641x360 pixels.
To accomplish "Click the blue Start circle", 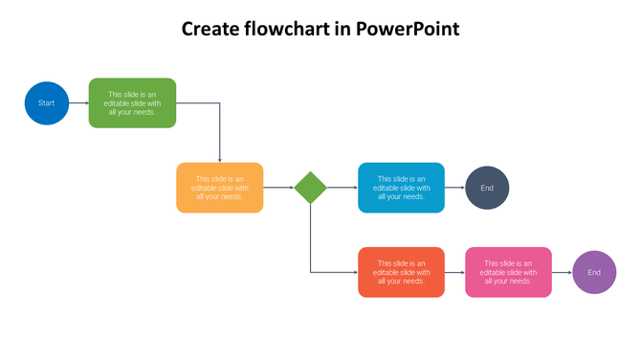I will [46, 102].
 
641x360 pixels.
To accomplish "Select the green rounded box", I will [132, 102].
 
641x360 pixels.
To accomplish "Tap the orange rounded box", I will [219, 188].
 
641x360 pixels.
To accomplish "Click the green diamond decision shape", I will [310, 188].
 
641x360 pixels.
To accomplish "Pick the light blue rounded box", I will [401, 188].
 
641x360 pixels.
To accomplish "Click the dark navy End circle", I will [487, 188].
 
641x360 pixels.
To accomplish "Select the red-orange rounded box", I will [401, 272].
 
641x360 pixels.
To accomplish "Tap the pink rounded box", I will [508, 272].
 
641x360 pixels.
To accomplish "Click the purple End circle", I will [594, 272].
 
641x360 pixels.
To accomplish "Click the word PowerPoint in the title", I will [408, 29].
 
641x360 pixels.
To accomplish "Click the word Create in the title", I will [210, 29].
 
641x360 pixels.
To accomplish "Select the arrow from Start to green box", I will [78, 102].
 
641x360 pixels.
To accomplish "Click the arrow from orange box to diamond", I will [277, 188].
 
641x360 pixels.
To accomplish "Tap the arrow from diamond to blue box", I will [342, 188].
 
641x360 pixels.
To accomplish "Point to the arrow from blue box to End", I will [454, 188].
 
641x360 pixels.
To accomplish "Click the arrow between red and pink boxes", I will [454, 272].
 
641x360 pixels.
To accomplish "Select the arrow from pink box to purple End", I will [562, 272].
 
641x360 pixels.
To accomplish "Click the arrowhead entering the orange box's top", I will [220, 159].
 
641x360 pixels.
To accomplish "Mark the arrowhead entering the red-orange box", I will [354, 272].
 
